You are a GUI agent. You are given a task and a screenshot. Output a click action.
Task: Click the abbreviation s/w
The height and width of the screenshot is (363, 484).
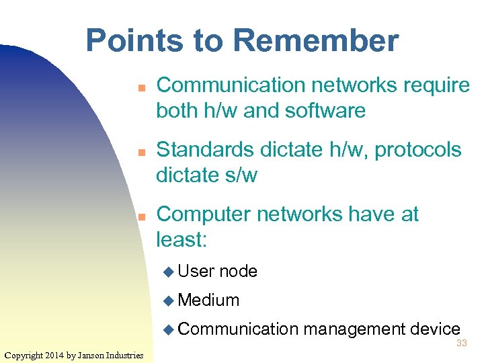(239, 175)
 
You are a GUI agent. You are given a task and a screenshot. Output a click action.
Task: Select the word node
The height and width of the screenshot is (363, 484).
(239, 272)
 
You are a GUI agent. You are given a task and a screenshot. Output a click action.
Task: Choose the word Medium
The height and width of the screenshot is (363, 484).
(209, 300)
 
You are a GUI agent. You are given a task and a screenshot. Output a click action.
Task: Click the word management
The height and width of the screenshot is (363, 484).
(354, 329)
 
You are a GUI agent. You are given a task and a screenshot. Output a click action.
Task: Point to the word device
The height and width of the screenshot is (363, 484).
(435, 329)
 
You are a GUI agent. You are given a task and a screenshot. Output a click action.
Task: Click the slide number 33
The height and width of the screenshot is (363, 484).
(461, 343)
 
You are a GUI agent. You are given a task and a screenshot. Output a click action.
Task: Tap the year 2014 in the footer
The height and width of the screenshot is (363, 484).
(57, 355)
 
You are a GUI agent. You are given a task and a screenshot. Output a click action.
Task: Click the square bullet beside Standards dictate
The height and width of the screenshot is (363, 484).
(142, 153)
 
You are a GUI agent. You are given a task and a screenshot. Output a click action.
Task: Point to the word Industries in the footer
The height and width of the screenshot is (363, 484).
(128, 355)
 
